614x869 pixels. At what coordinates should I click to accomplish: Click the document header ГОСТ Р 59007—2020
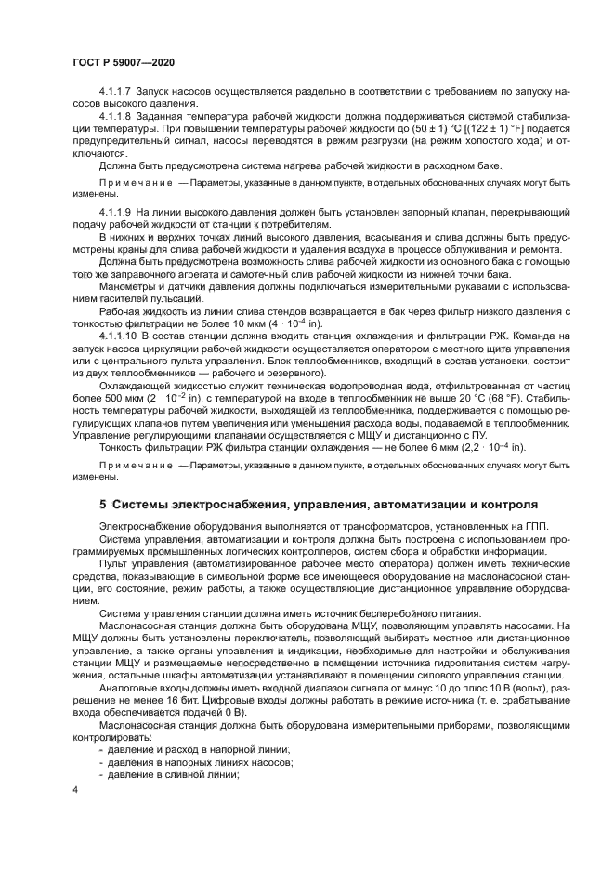124,60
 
